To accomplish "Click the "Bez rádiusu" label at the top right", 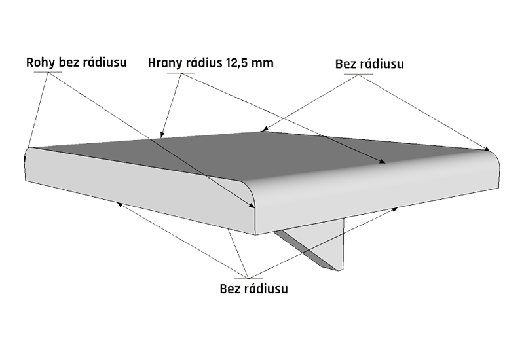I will (369, 64).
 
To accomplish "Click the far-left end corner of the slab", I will (28, 164).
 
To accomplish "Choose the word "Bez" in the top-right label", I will (345, 64).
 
